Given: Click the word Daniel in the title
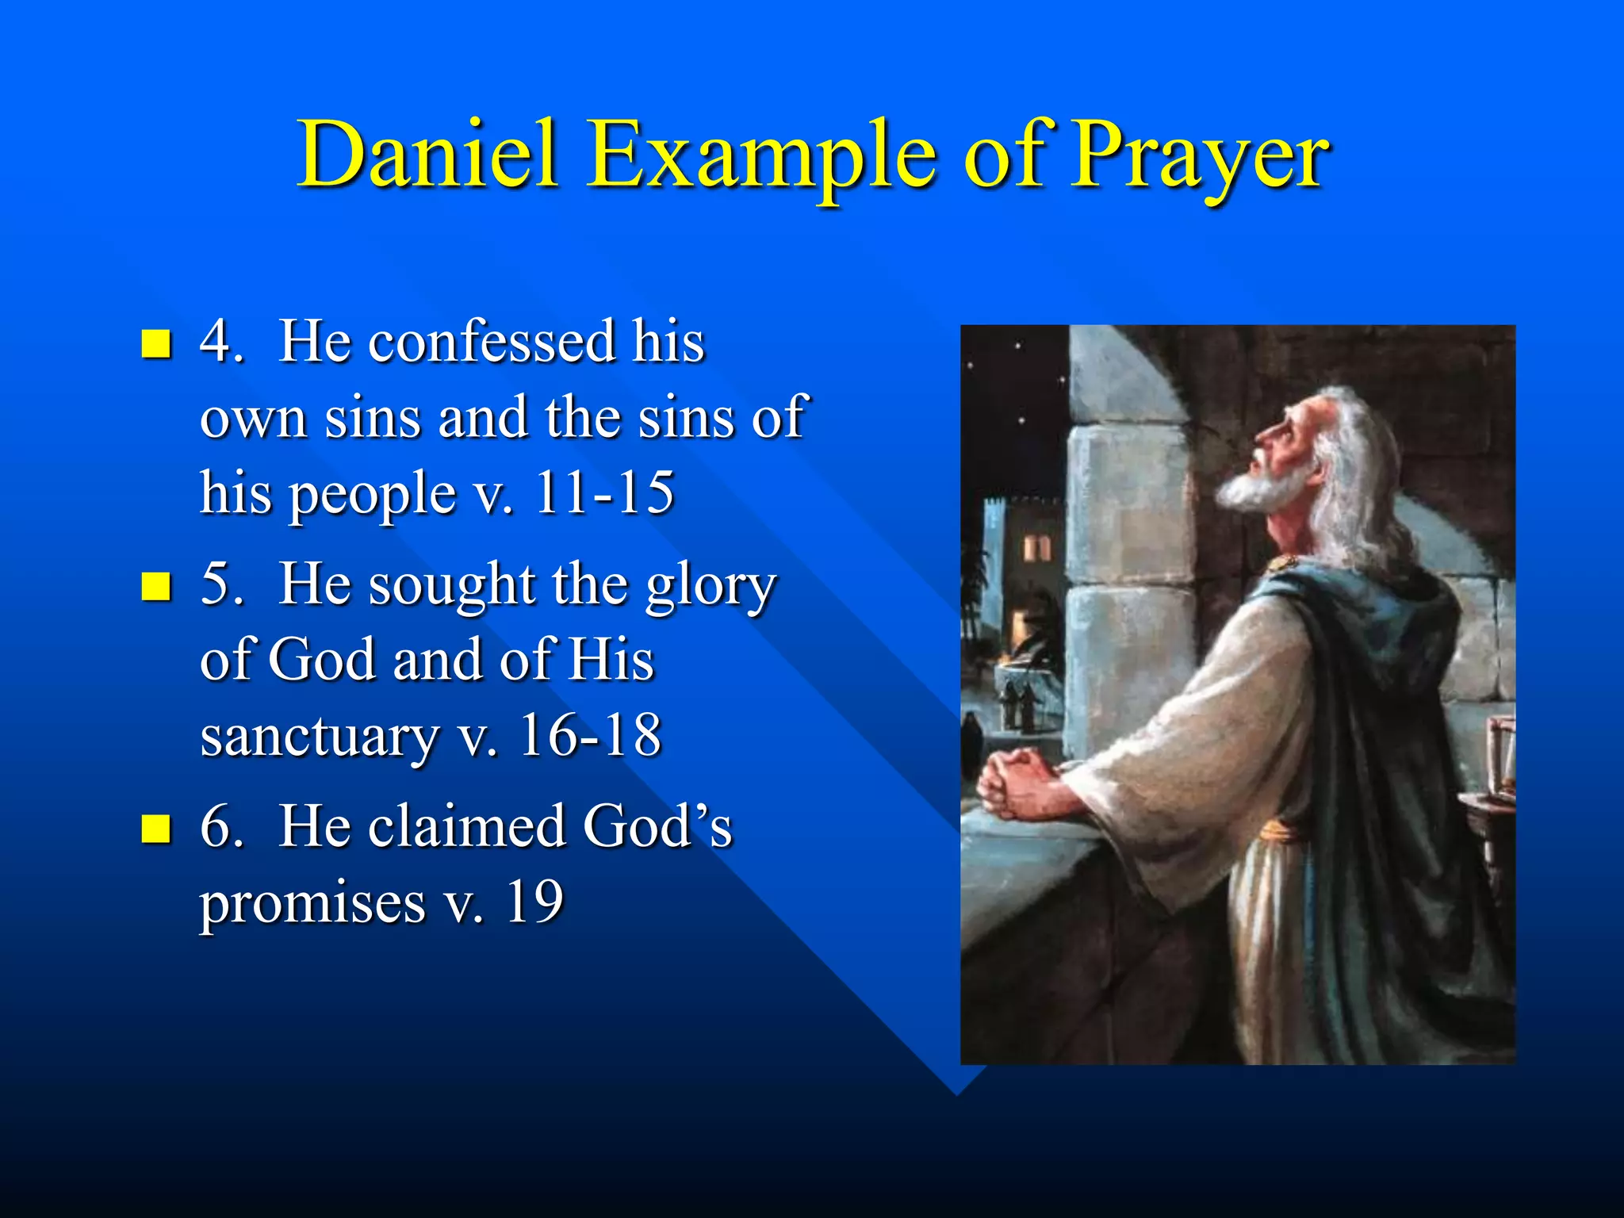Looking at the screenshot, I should [x=427, y=155].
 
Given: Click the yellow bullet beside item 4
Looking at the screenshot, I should [x=156, y=344].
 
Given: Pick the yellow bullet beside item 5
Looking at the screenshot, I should [x=156, y=587].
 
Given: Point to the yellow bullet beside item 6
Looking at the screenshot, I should [x=156, y=829].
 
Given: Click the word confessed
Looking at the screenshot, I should [x=492, y=343].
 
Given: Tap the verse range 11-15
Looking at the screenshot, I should [x=604, y=493].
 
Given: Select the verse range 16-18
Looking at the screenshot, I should [x=590, y=736].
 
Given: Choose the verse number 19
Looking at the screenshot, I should [x=534, y=902].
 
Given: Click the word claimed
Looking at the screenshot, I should [x=467, y=827].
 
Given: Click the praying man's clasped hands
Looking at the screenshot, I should [x=1019, y=781].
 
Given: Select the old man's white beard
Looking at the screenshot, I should [x=1261, y=484].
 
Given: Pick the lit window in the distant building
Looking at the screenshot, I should [x=1036, y=547].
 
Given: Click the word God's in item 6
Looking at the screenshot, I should [x=657, y=827].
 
